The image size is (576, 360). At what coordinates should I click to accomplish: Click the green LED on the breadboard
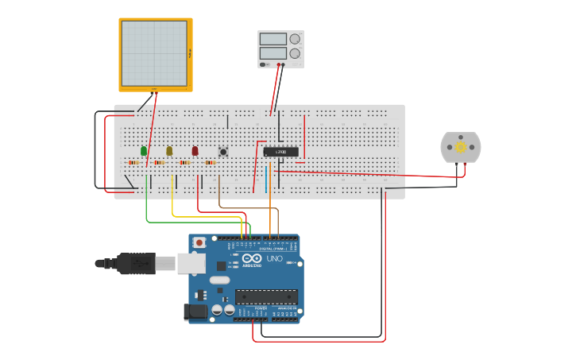144,150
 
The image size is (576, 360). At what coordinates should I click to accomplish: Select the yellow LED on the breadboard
169,150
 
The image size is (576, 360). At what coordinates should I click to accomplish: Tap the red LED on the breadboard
195,150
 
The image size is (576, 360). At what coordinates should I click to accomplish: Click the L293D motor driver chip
281,151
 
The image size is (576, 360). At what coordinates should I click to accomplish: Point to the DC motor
461,147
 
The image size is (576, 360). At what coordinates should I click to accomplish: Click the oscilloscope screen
154,53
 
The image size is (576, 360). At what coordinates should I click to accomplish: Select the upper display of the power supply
273,39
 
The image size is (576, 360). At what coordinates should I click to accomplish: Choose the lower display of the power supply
273,54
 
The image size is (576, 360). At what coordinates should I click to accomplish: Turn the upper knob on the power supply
295,39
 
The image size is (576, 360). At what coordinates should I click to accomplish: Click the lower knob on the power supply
295,54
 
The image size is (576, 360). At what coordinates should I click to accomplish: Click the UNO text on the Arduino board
274,259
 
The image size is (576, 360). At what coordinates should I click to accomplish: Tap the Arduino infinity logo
253,258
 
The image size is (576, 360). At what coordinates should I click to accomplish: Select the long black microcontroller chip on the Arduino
266,296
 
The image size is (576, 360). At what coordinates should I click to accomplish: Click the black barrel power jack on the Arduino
196,312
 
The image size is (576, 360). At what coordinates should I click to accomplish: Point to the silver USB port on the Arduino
191,263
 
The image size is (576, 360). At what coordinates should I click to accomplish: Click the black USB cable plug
136,263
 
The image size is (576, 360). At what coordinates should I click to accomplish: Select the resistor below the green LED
133,163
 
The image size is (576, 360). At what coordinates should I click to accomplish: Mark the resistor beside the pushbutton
211,163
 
